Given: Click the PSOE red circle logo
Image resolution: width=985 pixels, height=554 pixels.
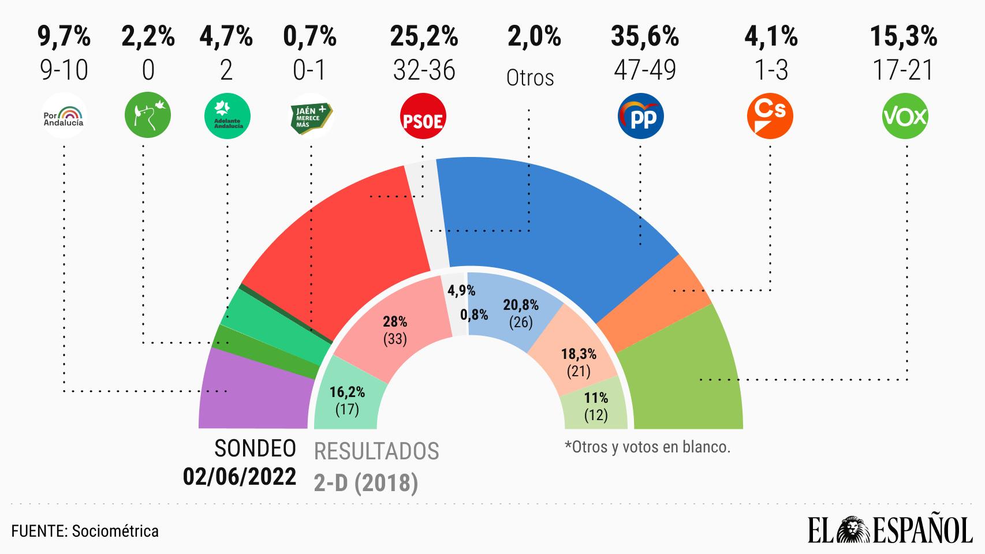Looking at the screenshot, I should tap(423, 117).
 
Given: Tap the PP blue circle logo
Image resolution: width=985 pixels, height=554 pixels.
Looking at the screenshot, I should tap(641, 117).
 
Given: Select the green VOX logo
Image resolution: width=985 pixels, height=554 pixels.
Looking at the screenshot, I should tap(905, 117).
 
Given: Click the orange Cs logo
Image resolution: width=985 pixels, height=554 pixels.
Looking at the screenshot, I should tap(770, 117).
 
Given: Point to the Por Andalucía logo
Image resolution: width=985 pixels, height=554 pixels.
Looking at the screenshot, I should tap(64, 117).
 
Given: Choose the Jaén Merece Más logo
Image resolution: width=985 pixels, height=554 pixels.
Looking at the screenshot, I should tap(311, 117).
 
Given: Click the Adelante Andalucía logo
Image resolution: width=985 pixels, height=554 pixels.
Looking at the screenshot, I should tap(227, 117).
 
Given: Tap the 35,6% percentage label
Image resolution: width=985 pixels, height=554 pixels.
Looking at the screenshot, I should tap(644, 37).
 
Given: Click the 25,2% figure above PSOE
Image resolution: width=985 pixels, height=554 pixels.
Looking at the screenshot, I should tap(424, 37).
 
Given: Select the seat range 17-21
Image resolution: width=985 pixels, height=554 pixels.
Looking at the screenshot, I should tap(904, 70).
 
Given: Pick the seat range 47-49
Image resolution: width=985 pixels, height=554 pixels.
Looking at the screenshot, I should tap(644, 70).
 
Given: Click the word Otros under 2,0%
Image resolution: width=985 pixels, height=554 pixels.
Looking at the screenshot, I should tap(530, 78).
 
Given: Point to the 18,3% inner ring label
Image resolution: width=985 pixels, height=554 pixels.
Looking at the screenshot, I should tap(579, 353).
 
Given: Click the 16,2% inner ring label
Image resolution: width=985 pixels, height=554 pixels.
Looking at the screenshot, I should tap(347, 392).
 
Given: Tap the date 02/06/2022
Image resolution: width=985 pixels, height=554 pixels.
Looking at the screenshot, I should tap(240, 477).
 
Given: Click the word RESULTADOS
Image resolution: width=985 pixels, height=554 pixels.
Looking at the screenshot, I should tap(376, 451).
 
